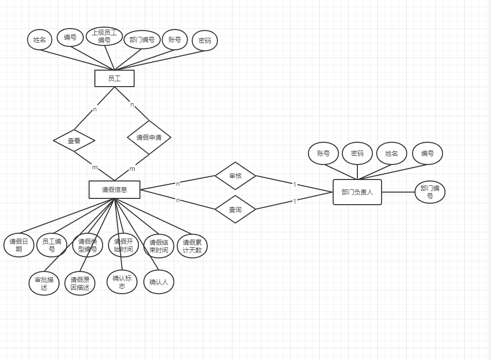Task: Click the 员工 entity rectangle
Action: tap(114, 78)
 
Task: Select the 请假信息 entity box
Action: tap(114, 190)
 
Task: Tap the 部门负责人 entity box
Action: tap(357, 192)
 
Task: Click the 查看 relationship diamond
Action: tap(74, 141)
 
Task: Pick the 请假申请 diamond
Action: tap(149, 137)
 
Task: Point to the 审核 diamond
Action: tap(235, 176)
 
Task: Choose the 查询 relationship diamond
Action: tap(235, 209)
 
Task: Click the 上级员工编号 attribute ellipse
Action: tap(105, 36)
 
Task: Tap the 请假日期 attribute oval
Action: tap(19, 245)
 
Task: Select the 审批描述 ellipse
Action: tap(44, 284)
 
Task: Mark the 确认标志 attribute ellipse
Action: tap(122, 282)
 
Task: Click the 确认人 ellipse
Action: tap(159, 282)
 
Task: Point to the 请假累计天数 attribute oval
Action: tap(192, 246)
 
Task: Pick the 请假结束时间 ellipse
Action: tap(159, 246)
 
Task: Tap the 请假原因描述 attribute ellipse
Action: tap(80, 284)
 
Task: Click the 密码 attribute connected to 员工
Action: tap(205, 41)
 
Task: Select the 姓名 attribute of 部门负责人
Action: tap(392, 153)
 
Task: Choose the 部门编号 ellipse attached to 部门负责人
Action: tap(430, 192)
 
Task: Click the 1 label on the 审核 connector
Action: tap(294, 184)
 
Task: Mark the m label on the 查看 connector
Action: tap(95, 167)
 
